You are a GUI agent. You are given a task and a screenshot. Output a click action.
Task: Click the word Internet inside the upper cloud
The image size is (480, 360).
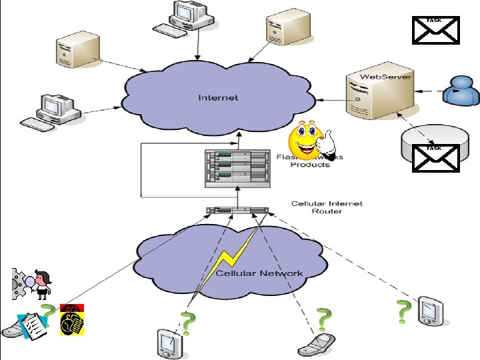coord(218,98)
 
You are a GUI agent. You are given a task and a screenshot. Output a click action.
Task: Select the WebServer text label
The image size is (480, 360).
coord(386,77)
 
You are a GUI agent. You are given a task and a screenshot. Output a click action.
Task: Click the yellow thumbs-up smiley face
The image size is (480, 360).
coord(310,139)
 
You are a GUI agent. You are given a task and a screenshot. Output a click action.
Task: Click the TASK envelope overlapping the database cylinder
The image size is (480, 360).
coord(434,158)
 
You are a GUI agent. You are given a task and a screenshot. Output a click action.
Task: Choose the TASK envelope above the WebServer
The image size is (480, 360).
coord(434,31)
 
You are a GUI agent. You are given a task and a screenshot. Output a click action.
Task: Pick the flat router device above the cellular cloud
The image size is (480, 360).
coord(237,211)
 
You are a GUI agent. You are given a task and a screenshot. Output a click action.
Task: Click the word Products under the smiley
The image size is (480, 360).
coord(309,165)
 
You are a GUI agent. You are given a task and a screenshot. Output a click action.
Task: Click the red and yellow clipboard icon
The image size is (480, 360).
coord(71,319)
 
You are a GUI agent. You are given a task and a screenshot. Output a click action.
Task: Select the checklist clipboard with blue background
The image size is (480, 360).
coord(33,325)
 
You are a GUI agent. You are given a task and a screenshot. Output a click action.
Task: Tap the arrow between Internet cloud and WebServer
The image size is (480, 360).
coord(330,101)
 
